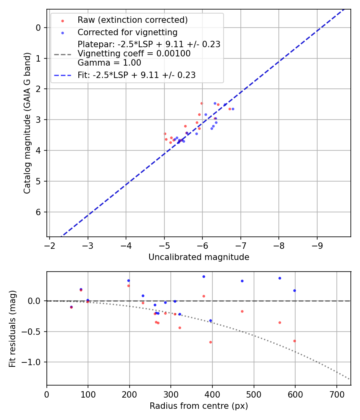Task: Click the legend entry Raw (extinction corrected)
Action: tap(132, 20)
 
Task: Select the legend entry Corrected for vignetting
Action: tap(127, 32)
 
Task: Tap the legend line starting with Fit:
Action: tap(136, 75)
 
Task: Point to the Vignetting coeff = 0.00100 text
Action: tap(134, 54)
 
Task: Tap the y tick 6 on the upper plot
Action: tap(39, 212)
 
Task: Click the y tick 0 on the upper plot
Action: tap(39, 28)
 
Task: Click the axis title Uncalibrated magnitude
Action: tap(199, 257)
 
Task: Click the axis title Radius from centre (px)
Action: tap(199, 406)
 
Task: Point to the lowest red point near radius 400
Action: tap(210, 342)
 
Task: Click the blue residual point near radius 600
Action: tap(294, 290)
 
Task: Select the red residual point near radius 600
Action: tap(294, 341)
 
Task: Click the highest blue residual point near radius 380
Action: tap(204, 276)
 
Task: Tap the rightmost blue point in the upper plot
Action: tap(233, 109)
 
